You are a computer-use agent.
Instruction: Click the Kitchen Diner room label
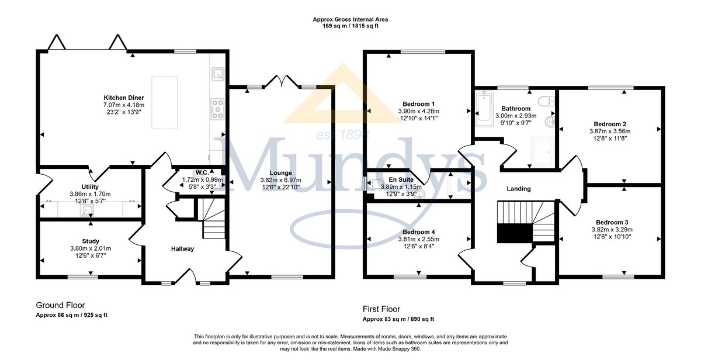[124, 98]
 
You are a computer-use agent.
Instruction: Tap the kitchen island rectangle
[164, 102]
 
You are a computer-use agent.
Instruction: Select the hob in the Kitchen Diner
[217, 109]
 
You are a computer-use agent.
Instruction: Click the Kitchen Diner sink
[218, 74]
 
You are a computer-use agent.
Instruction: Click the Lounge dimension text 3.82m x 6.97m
[281, 180]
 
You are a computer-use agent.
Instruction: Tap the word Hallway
[182, 249]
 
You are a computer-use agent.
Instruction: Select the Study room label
[91, 241]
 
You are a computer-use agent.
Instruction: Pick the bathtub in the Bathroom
[484, 108]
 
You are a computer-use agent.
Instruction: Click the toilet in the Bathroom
[546, 101]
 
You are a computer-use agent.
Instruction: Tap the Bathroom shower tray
[543, 151]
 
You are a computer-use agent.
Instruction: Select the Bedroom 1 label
[418, 104]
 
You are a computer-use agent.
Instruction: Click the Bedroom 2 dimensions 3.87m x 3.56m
[610, 131]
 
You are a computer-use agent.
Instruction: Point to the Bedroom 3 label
[612, 222]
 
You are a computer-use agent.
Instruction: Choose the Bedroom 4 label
[418, 232]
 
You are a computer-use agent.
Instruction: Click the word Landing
[519, 189]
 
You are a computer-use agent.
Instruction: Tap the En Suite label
[401, 179]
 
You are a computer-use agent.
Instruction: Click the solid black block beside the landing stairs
[515, 233]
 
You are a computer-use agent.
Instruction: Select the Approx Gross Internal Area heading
[350, 19]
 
